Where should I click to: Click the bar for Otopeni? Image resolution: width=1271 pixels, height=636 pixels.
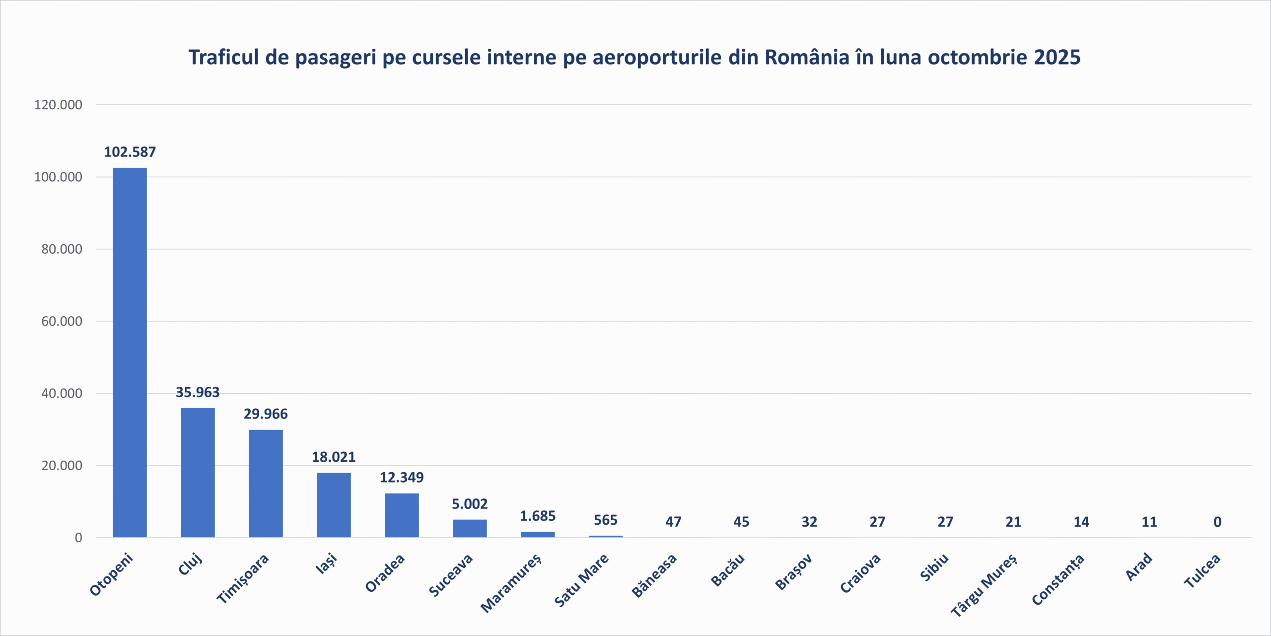click(130, 353)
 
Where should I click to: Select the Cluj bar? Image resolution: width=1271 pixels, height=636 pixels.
click(198, 472)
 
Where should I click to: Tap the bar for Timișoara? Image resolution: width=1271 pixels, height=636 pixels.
click(266, 483)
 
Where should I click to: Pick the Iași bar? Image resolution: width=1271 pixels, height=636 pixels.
click(334, 504)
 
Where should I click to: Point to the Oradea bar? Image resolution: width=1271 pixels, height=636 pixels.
click(402, 515)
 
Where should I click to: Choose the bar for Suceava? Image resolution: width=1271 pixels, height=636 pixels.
click(470, 528)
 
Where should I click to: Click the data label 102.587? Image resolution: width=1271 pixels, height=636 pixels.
click(130, 152)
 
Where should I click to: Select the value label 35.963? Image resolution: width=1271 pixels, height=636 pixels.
click(198, 392)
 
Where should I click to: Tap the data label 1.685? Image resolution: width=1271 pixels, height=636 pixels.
click(538, 516)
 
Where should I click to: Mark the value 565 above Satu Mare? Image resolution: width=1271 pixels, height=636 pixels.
click(606, 520)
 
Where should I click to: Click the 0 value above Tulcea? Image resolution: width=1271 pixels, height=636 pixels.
click(1217, 522)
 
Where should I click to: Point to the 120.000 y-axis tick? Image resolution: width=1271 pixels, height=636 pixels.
click(58, 105)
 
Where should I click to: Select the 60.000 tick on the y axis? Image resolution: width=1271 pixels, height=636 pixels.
click(62, 321)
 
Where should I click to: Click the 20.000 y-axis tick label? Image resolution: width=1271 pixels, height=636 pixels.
click(62, 466)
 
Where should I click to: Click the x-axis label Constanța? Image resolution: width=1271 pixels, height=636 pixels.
click(1058, 579)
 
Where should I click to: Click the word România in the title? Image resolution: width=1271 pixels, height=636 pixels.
click(807, 57)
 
